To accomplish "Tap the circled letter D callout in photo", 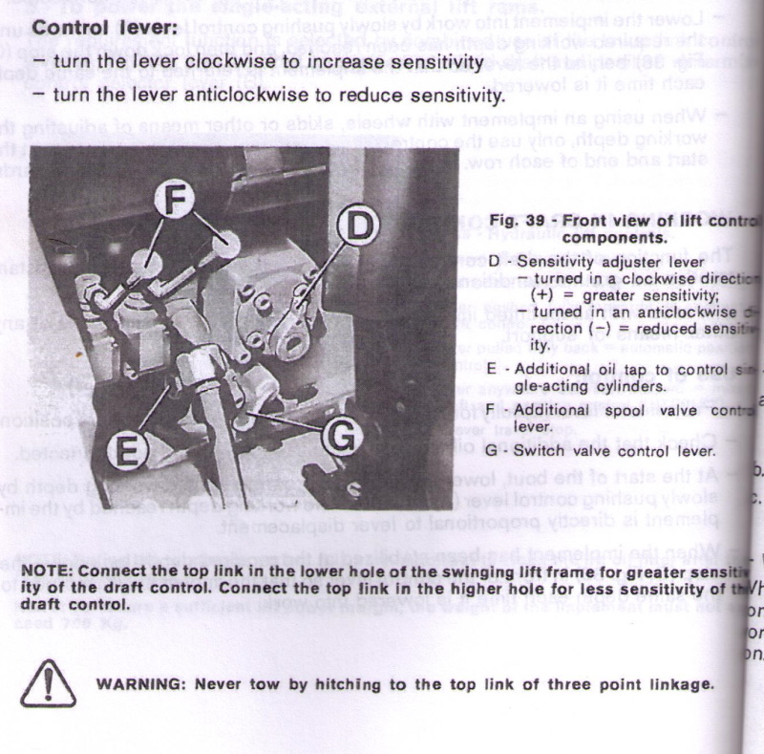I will point(356,226).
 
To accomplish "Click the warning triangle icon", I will point(48,685).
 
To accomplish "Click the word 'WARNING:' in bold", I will point(144,684).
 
